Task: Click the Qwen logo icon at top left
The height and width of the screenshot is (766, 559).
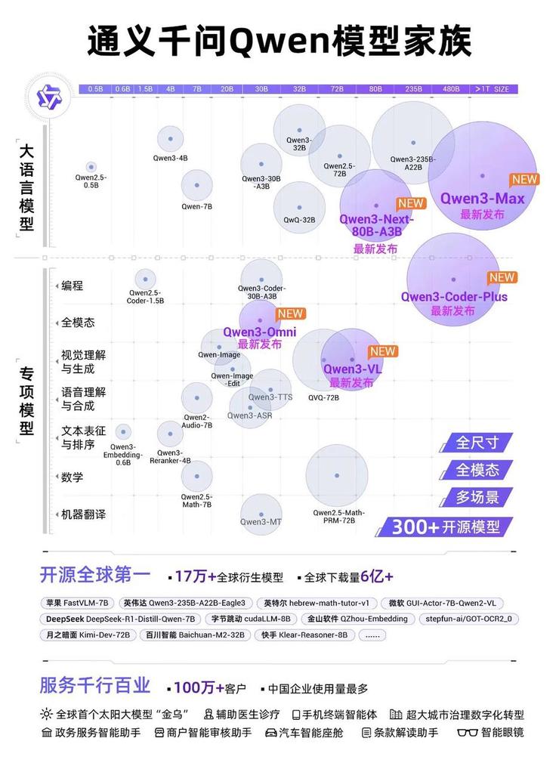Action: coord(42,96)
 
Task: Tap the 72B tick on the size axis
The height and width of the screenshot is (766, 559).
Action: coord(336,89)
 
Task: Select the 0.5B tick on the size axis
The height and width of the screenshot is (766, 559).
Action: coord(95,89)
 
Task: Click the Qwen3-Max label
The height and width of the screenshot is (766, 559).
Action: coord(483,199)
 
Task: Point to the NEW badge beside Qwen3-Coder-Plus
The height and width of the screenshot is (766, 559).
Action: coord(502,277)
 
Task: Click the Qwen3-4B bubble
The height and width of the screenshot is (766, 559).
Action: coord(171,139)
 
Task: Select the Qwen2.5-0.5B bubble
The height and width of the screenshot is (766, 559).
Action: coord(91,167)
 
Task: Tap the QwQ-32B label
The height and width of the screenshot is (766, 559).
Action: coord(299,220)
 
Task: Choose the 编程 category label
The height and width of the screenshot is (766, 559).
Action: coord(73,286)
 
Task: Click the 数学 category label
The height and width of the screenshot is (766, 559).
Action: coord(73,477)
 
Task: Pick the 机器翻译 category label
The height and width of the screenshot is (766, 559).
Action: coord(83,514)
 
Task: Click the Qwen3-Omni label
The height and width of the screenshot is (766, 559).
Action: coord(259,332)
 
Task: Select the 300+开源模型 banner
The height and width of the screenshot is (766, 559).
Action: coord(450,527)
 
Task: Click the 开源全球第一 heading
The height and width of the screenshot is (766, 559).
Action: coord(95,576)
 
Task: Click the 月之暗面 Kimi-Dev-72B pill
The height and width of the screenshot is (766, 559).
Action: coord(88,635)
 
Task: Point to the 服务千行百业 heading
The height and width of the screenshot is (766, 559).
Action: coord(95,686)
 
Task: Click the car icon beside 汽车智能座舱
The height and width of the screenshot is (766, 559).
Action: coord(271,733)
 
